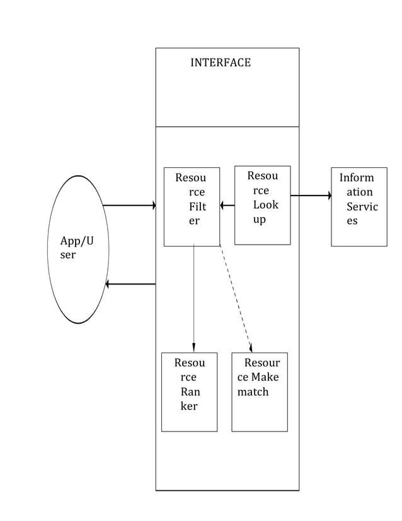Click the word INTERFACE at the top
(x=220, y=62)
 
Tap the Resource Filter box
(x=192, y=206)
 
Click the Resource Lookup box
(x=262, y=205)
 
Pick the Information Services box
(x=359, y=206)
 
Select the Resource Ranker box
(x=189, y=392)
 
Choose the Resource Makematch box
(x=259, y=392)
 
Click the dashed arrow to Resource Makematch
(x=235, y=296)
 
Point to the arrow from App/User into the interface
(x=129, y=206)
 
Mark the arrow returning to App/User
(x=130, y=284)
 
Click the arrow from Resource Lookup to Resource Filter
(x=227, y=205)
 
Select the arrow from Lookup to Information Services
(x=311, y=196)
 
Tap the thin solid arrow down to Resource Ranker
(x=193, y=296)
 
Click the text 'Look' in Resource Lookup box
(x=265, y=204)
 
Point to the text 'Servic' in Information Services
(x=362, y=207)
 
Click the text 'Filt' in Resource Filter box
(x=197, y=206)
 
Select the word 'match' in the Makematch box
(x=253, y=392)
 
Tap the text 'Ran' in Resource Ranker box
(x=190, y=392)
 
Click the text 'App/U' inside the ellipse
(x=77, y=241)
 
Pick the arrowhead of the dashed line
(x=251, y=348)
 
